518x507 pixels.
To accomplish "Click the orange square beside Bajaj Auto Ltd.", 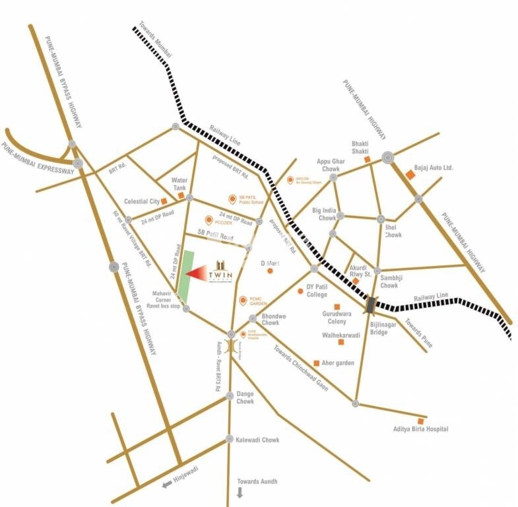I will [409, 175].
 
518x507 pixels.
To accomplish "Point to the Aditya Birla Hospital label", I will [420, 429].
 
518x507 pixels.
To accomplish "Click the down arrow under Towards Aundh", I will [240, 492].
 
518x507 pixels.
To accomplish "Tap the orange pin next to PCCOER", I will [209, 220].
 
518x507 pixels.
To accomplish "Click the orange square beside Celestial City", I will [164, 201].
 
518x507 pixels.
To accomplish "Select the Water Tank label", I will [179, 184].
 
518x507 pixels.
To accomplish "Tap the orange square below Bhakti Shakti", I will [367, 159].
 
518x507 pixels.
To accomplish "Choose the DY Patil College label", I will [322, 290].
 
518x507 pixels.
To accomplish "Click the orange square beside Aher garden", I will [317, 363].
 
